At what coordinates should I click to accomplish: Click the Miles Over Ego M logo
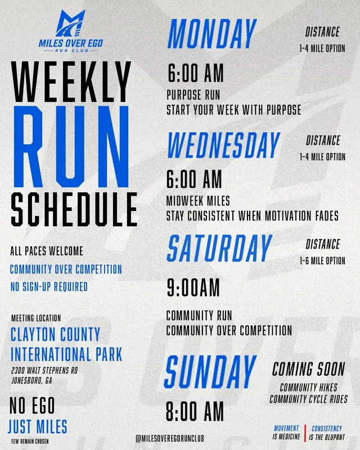(71, 23)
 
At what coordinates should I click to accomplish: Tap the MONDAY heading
(212, 34)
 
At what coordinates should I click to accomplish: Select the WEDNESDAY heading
(223, 145)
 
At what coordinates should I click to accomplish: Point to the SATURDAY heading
(219, 248)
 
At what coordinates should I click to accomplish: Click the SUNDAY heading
(210, 372)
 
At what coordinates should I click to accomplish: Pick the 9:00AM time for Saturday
(193, 287)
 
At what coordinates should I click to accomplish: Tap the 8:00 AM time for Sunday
(195, 411)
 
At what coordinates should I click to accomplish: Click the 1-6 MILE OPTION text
(322, 260)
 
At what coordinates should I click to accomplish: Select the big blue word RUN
(71, 146)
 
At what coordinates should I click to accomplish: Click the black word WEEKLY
(71, 82)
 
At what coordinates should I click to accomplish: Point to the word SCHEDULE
(74, 209)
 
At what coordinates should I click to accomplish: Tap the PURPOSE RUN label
(193, 95)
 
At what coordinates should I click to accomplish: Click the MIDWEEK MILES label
(198, 201)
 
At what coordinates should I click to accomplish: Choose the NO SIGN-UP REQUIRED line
(49, 287)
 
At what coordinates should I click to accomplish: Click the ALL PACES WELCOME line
(47, 251)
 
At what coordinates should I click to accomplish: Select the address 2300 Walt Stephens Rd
(44, 370)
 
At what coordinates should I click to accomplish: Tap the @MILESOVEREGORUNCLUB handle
(170, 438)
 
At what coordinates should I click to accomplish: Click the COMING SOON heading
(309, 369)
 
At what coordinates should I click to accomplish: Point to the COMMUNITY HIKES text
(309, 388)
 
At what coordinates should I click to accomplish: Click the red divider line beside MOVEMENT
(305, 433)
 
